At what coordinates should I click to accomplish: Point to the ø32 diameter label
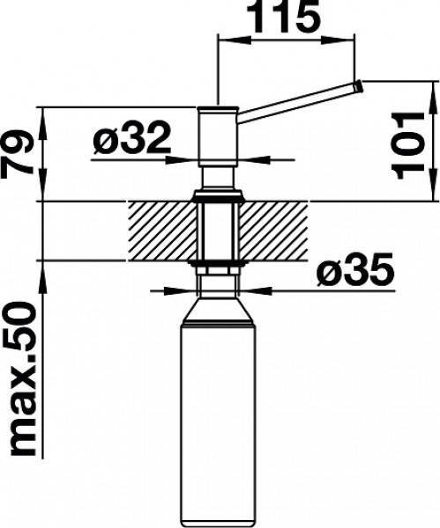132,138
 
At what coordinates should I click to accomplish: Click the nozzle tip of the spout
358,86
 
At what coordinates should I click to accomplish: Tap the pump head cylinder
219,136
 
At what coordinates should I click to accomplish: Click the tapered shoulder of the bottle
219,310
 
